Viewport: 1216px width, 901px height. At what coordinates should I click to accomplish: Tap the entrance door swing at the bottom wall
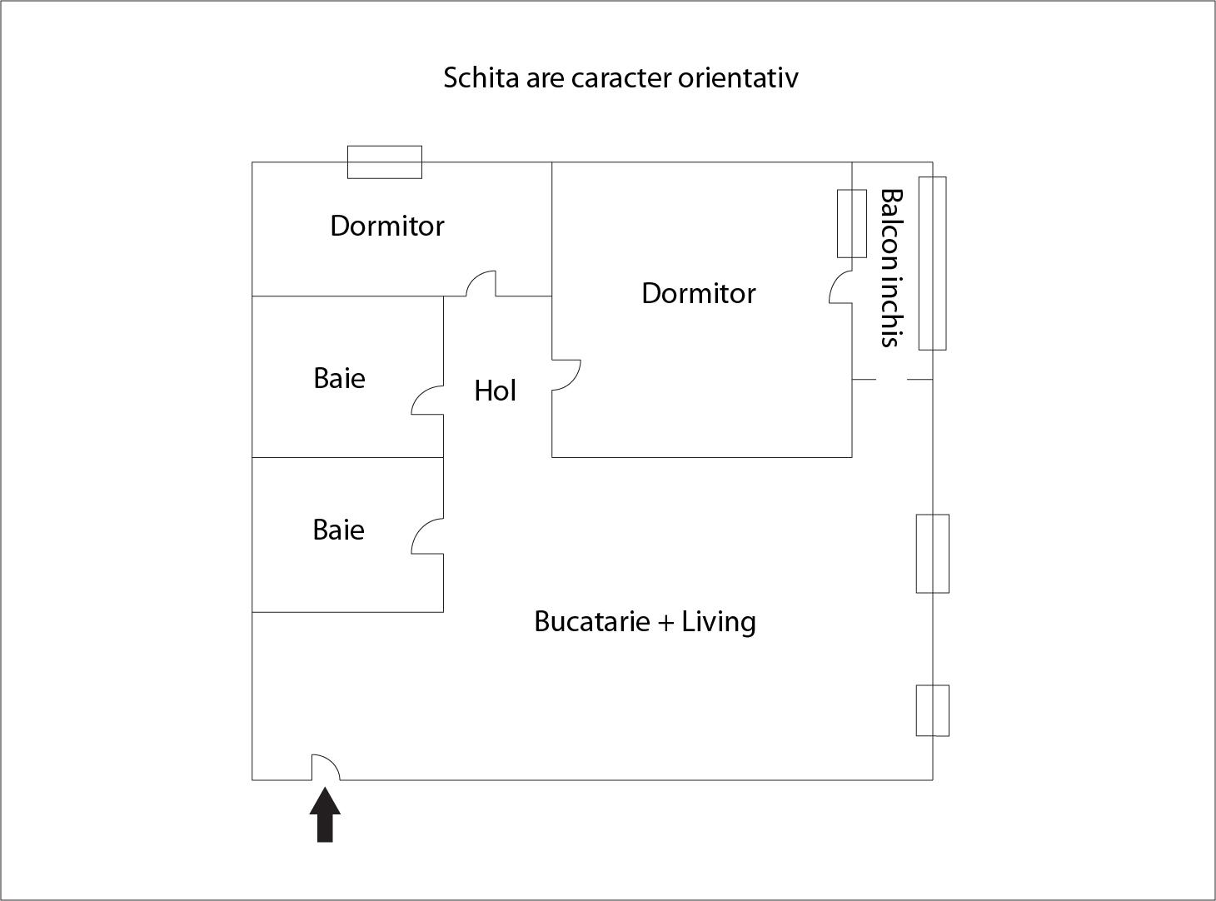point(326,769)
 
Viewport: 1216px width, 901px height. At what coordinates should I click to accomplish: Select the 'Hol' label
point(495,391)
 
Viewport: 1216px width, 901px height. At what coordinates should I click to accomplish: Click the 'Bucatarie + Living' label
point(645,621)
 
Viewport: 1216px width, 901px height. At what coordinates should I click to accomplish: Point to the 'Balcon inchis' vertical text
point(891,267)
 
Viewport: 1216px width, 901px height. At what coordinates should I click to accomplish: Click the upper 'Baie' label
point(339,378)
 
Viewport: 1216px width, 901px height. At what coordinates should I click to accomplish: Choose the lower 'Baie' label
point(338,530)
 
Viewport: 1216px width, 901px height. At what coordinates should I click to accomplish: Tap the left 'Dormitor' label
point(386,226)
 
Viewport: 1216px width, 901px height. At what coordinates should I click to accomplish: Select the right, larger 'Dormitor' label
point(698,293)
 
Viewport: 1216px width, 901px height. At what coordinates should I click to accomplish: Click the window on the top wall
point(384,162)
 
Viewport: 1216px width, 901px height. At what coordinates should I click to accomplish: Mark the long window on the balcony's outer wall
point(932,263)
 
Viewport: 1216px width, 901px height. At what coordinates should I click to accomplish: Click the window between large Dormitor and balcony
point(851,223)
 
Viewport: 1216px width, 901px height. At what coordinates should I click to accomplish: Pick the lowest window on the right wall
point(932,710)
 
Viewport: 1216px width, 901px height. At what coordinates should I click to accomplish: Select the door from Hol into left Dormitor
point(481,285)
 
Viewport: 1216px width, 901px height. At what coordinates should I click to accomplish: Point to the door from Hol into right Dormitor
point(566,375)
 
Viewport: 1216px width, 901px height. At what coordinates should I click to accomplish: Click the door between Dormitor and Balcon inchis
point(841,287)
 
